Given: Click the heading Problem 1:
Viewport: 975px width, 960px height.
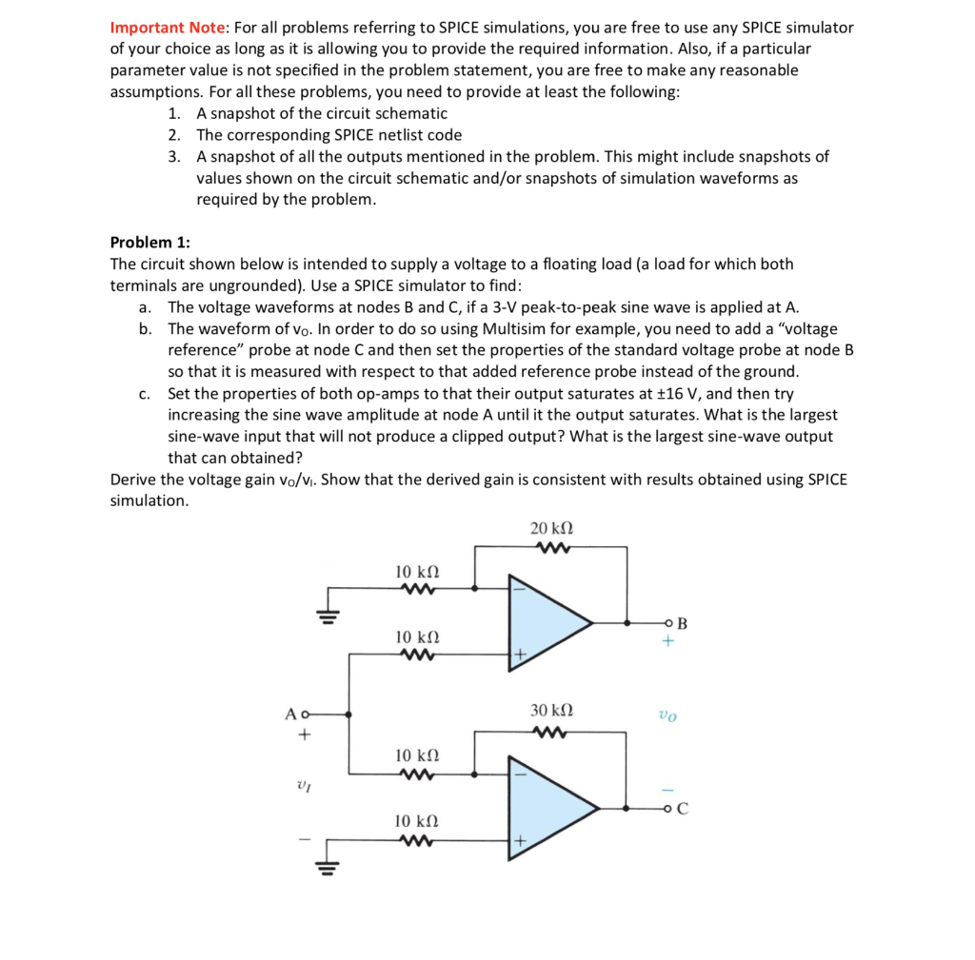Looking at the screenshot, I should click(x=149, y=242).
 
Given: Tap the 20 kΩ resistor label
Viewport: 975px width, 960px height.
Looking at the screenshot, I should click(x=550, y=528).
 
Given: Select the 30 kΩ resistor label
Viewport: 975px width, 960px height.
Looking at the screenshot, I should click(x=550, y=711).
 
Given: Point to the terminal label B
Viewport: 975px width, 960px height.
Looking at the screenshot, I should click(x=681, y=624).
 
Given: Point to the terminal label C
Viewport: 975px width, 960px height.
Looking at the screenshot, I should click(x=683, y=811).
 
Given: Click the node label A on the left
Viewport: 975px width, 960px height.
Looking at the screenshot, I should click(x=289, y=714).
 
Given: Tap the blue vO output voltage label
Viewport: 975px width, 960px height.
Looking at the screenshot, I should click(x=668, y=714).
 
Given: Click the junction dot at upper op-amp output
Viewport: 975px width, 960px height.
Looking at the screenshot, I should click(x=626, y=623).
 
